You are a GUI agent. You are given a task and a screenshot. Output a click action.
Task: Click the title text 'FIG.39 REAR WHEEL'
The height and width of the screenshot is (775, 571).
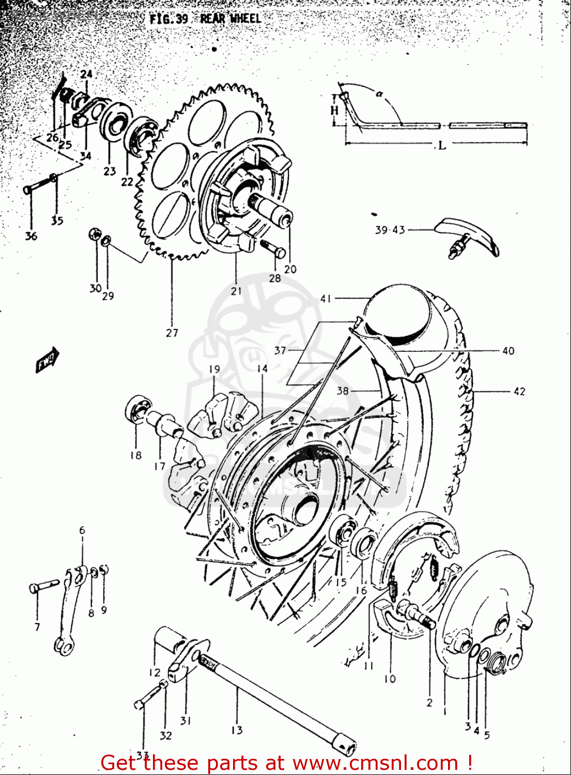click(205, 19)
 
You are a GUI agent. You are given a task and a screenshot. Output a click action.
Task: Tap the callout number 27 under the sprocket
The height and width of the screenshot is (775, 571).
click(172, 333)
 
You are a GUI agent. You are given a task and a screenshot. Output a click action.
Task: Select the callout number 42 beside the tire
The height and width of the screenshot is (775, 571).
click(519, 392)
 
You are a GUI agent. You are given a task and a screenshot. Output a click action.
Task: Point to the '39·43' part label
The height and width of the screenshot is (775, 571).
click(390, 230)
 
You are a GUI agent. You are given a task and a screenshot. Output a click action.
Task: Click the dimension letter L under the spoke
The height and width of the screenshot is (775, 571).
click(441, 146)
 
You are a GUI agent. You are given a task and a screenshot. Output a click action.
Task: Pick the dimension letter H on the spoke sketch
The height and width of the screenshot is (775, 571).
click(334, 110)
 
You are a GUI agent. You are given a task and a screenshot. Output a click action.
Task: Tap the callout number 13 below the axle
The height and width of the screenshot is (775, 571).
click(237, 730)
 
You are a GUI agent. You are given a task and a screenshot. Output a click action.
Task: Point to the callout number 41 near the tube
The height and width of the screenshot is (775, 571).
click(326, 298)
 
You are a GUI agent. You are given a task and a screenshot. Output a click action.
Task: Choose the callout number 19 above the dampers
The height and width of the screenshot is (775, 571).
click(214, 369)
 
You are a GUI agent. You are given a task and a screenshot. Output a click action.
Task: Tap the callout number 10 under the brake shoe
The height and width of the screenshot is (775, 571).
click(390, 678)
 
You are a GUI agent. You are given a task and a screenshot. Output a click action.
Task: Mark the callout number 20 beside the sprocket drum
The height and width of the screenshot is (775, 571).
click(290, 269)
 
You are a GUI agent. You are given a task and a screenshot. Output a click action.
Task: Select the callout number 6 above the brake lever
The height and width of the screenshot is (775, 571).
click(82, 530)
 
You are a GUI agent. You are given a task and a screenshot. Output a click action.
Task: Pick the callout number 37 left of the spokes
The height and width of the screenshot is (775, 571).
click(280, 350)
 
